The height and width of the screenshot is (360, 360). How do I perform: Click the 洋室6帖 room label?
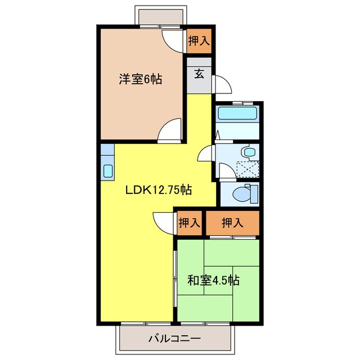140,79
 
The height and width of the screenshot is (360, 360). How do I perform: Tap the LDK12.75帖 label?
159,190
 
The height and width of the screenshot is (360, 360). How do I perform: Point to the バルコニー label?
174,339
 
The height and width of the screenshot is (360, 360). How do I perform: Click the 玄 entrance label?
199,73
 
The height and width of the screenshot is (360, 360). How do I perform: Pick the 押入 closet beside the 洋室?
199,40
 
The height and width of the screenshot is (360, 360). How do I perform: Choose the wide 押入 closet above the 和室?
232,222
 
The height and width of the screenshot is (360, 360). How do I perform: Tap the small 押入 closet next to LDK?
189,222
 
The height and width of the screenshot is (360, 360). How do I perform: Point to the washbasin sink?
247,152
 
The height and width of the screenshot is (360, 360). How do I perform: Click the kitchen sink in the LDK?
108,170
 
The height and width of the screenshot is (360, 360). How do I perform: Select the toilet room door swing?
227,172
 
